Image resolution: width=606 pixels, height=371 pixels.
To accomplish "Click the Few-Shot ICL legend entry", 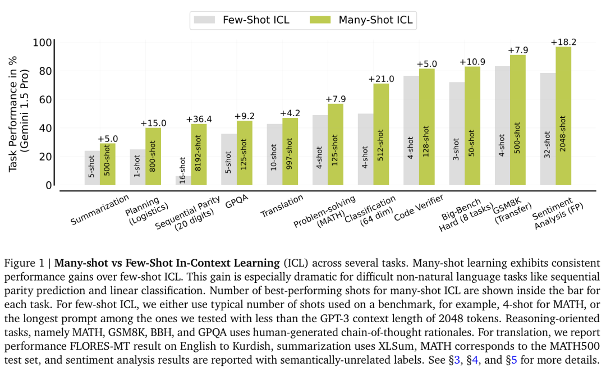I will click(x=241, y=20).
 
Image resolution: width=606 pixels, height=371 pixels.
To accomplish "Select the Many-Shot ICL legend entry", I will click(x=362, y=20).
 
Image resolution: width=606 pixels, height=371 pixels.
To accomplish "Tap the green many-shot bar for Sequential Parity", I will click(x=199, y=154).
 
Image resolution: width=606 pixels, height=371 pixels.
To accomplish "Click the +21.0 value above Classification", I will click(x=381, y=79).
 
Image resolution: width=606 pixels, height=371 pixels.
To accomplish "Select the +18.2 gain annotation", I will click(x=563, y=42).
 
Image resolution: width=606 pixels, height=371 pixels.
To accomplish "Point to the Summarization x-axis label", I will click(x=100, y=210).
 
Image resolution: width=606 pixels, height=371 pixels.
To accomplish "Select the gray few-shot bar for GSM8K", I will click(x=502, y=126).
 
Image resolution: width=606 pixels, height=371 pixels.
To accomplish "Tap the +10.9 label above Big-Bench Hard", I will click(x=472, y=62).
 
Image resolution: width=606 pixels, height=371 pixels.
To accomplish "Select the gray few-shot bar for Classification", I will click(x=366, y=149).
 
